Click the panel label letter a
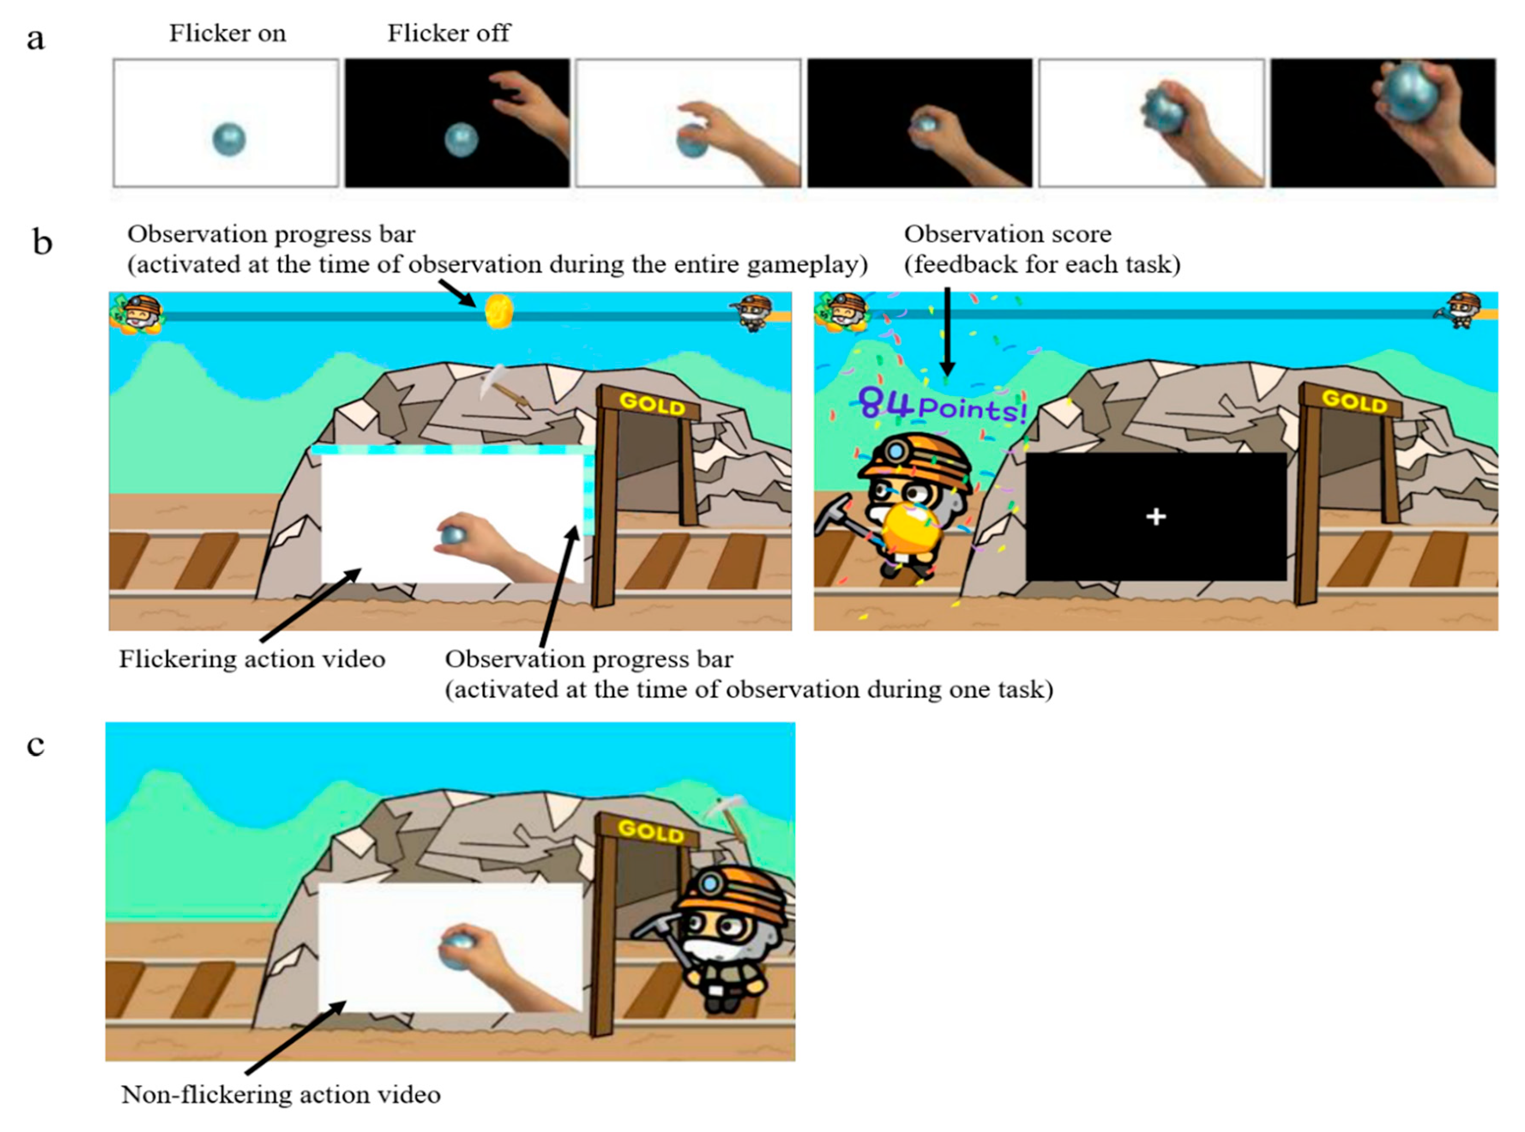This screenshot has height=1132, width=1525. pyautogui.click(x=36, y=40)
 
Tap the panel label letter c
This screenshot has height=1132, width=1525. pyautogui.click(x=36, y=745)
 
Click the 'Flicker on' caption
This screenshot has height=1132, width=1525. pyautogui.click(x=227, y=33)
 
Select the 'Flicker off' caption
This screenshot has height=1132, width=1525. pyautogui.click(x=449, y=33)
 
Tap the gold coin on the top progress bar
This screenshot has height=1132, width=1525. pyautogui.click(x=499, y=312)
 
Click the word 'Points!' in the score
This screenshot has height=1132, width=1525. pyautogui.click(x=972, y=409)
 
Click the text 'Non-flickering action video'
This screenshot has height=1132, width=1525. pyautogui.click(x=281, y=1094)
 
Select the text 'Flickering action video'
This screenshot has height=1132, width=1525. pyautogui.click(x=252, y=659)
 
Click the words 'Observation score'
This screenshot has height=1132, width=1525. pyautogui.click(x=1008, y=234)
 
